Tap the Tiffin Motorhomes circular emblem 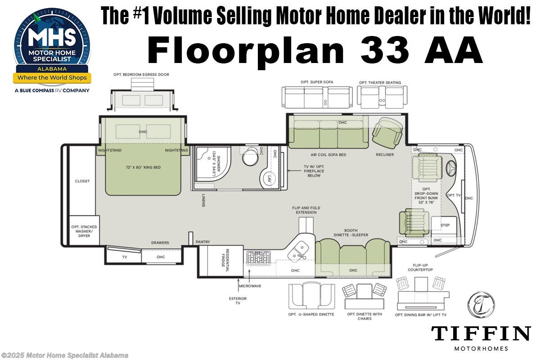(481, 305)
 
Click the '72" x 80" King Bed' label (144, 167)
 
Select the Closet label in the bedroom (82, 181)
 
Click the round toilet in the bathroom (250, 158)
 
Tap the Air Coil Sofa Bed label (329, 154)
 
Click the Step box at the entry (445, 225)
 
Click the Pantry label (202, 242)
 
